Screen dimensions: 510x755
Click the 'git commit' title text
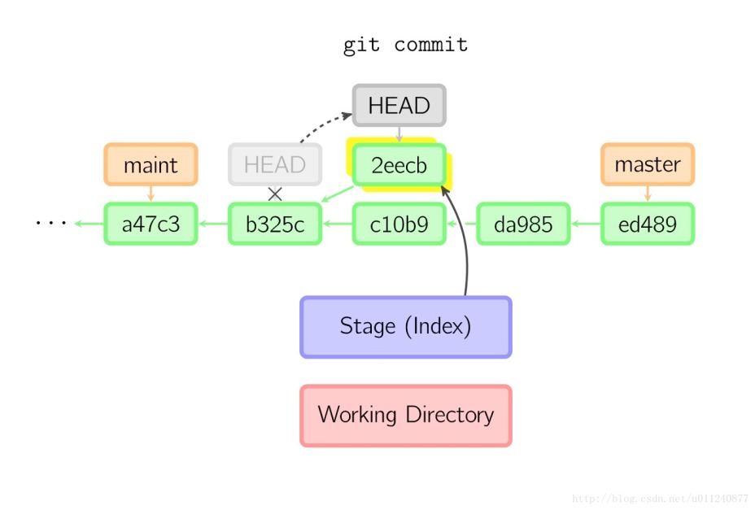point(405,45)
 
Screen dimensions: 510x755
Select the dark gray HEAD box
point(399,106)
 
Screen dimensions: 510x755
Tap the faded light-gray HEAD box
point(274,165)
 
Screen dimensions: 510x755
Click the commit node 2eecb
point(399,165)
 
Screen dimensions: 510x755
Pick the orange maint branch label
point(151,165)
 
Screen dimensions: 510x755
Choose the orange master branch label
point(648,165)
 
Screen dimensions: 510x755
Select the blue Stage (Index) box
point(405,327)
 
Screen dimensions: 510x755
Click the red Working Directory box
point(405,416)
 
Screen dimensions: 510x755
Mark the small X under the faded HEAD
point(275,194)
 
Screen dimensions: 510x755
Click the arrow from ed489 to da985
point(585,224)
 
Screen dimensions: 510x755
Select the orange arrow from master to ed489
point(648,194)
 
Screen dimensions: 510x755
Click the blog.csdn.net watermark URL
point(660,498)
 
